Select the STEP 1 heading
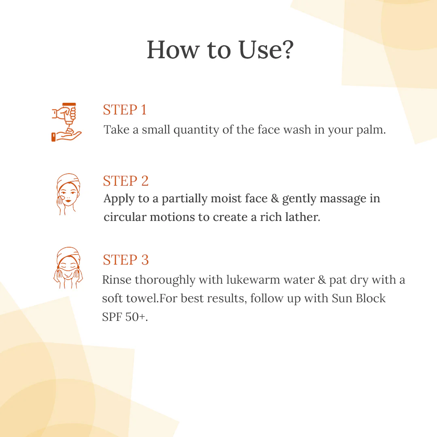(125, 110)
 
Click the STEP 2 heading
(126, 181)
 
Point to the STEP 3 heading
(126, 260)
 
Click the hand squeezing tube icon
(66, 122)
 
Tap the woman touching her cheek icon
(68, 194)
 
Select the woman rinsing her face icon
(68, 267)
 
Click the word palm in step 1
(371, 130)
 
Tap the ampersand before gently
(275, 198)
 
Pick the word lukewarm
(253, 280)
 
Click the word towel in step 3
(143, 298)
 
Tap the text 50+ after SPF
(137, 317)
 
